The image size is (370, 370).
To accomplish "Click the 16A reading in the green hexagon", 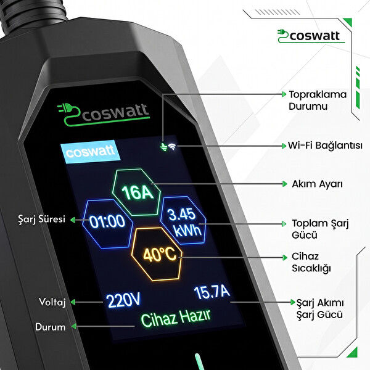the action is pos(138,192).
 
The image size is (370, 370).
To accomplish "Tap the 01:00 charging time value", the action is pos(107,221).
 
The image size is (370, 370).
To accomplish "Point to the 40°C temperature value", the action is pos(160,255).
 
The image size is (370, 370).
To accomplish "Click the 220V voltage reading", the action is pos(123,300).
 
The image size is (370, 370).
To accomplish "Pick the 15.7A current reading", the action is pos(212,292).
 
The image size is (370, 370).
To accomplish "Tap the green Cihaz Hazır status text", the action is pos(176,318).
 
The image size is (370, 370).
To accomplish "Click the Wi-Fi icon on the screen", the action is pos(172,147).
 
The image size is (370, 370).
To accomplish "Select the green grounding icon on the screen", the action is pos(163,147).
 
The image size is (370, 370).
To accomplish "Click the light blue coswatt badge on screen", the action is pos(91,152).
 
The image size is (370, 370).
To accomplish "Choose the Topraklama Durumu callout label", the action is pos(318,101).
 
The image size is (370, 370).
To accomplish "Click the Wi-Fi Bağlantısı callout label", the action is pos(325,146).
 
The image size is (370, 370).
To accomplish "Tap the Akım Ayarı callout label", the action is pos(318,184).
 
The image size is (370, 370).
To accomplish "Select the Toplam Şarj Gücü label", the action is pos(320,229).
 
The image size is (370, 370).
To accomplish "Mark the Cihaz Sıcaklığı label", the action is pos(311,263).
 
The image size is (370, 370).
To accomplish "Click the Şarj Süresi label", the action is pos(42,219).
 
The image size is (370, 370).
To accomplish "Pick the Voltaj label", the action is pos(52,302).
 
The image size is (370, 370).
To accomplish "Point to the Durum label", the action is pos(51,327).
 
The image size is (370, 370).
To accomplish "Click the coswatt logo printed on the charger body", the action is pos(104,115).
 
